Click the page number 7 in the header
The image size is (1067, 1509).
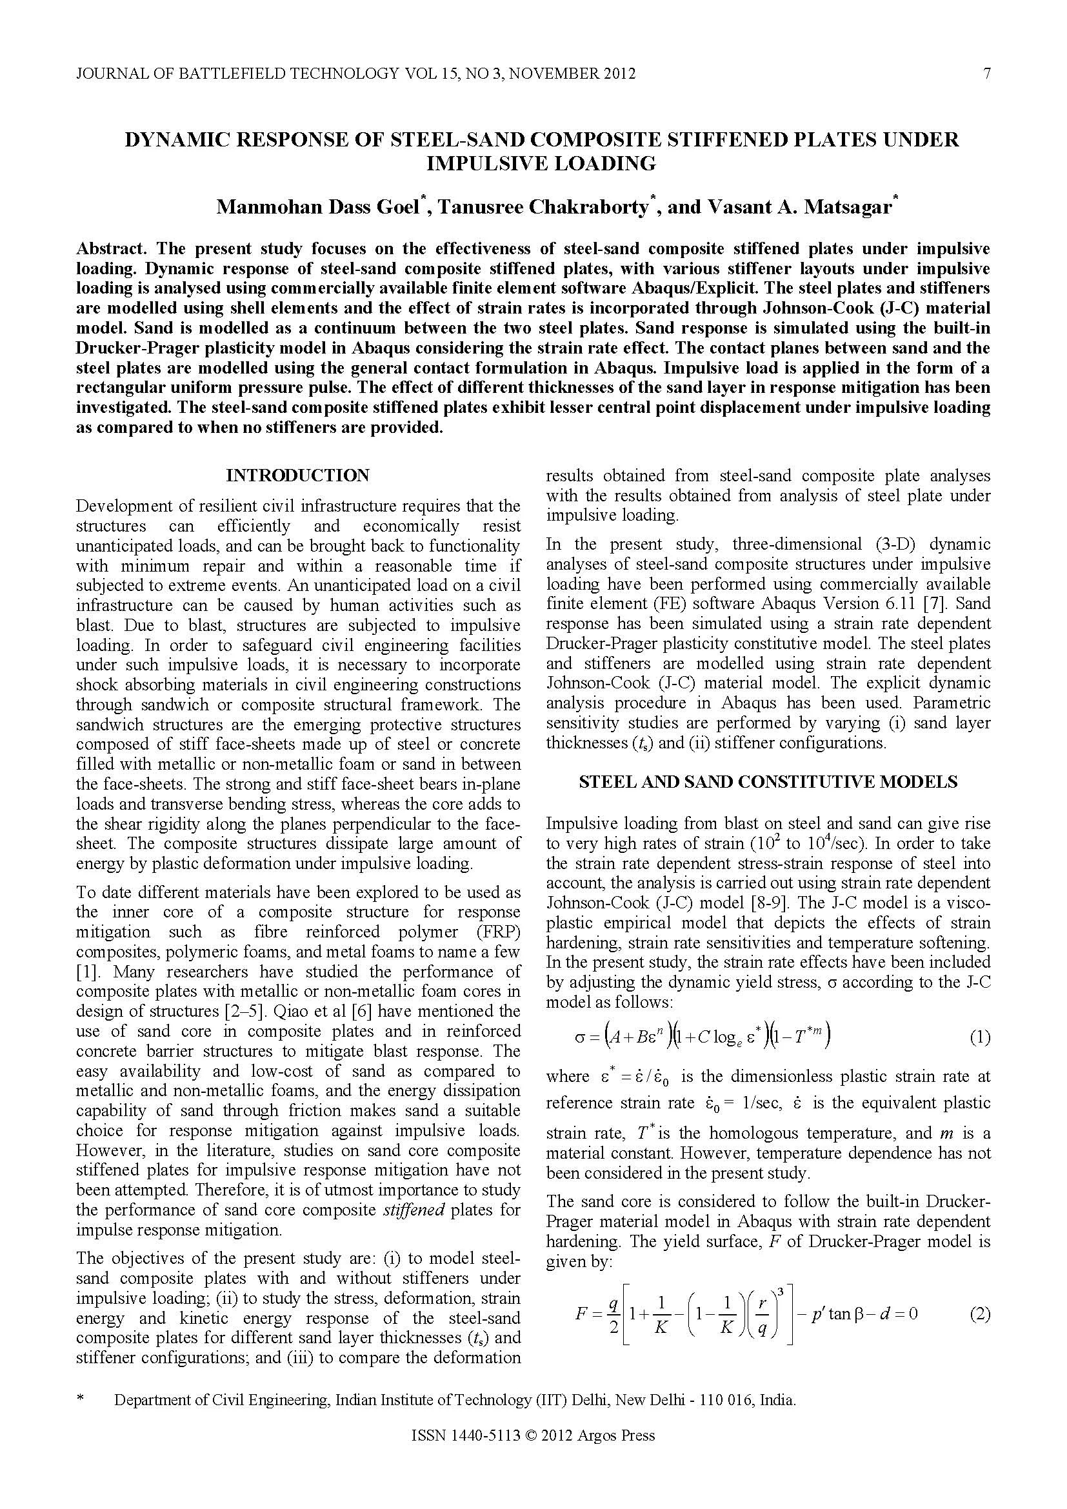click(986, 74)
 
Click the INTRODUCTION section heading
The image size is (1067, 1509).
click(297, 475)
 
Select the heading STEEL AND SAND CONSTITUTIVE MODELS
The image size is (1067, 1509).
click(768, 781)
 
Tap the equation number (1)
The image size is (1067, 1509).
click(980, 1038)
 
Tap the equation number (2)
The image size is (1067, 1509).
click(980, 1314)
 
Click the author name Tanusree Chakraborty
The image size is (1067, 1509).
click(543, 208)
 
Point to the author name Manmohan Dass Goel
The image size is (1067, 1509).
click(318, 208)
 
